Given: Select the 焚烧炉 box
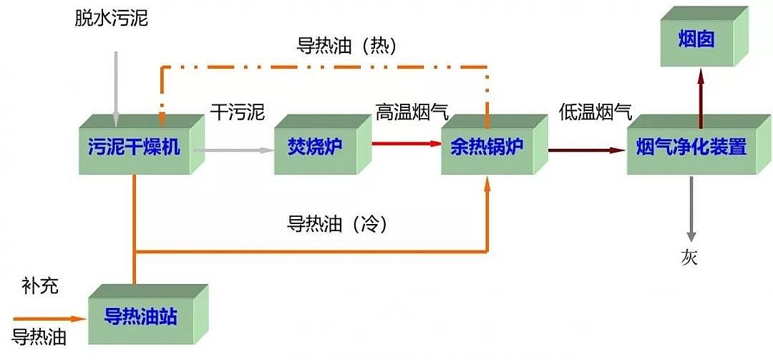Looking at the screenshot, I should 315,147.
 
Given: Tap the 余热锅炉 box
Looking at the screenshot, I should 487,147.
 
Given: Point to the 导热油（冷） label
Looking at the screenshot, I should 336,224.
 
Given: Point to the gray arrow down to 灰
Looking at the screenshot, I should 691,208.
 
